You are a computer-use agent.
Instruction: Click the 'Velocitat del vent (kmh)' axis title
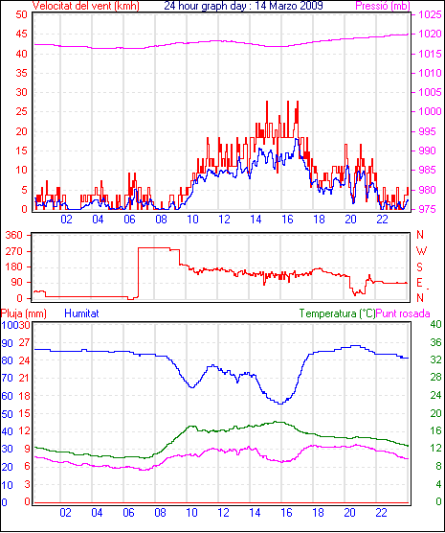pos(86,6)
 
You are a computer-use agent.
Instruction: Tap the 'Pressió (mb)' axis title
pos(383,6)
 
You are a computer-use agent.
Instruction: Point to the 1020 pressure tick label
pos(430,34)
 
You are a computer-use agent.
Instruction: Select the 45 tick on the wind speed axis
pos(21,34)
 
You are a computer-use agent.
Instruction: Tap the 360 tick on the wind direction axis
pos(14,235)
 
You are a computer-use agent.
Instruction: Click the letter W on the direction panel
pos(421,251)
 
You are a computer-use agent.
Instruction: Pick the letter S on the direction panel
pos(420,267)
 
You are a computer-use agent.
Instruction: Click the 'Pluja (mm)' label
pos(23,313)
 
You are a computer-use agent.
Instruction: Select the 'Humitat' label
pos(81,313)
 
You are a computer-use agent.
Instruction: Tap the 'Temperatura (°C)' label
pos(338,313)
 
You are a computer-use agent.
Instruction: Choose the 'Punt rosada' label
pos(403,313)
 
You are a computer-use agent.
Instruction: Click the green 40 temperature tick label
pos(435,324)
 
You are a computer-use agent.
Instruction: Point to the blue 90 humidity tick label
pos(7,343)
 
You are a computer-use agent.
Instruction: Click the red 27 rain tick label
pos(24,342)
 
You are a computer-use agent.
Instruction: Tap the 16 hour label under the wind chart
pos(287,220)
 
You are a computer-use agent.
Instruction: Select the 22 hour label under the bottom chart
pos(381,512)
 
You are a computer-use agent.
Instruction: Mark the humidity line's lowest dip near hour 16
pos(280,404)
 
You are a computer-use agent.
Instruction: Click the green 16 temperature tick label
pos(435,430)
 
